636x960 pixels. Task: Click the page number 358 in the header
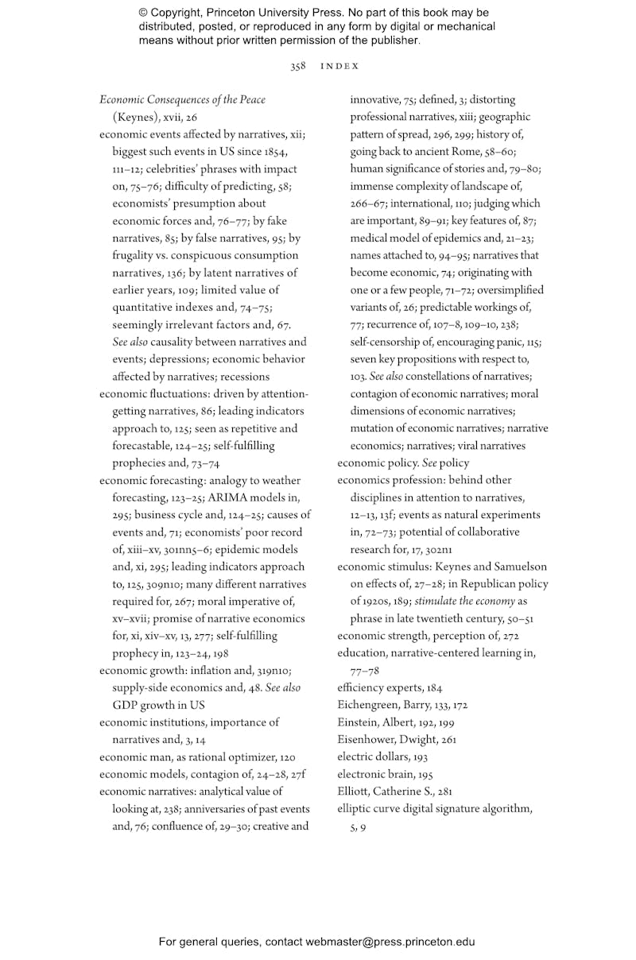[x=298, y=67]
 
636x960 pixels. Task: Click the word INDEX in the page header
[x=339, y=67]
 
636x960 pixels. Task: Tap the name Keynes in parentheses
[x=136, y=117]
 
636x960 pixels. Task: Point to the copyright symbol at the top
[x=144, y=14]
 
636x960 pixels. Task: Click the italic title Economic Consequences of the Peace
[x=182, y=100]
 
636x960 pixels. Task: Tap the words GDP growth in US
[x=158, y=705]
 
